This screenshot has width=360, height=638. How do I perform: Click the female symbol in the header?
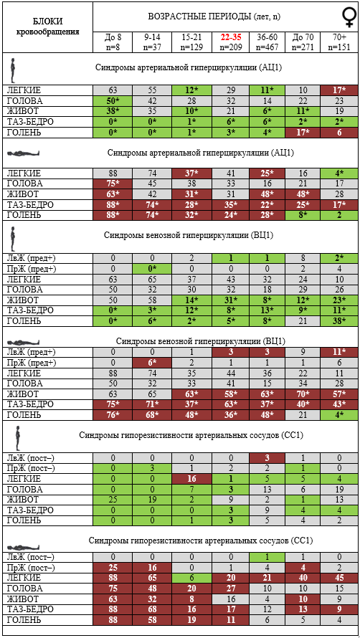pos(349,17)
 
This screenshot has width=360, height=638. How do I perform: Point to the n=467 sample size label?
pos(267,47)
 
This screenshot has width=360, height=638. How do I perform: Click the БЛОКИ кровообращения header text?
pos(47,26)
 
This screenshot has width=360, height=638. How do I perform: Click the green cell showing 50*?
pos(113,100)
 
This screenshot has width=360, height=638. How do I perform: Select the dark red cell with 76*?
pos(113,414)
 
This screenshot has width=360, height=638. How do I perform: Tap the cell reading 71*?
pos(152,404)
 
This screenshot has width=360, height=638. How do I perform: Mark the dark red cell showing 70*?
pos(302,393)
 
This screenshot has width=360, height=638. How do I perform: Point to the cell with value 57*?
pos(338,393)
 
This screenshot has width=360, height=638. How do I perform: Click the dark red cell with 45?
pos(338,578)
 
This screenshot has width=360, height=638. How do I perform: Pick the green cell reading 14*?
pos(191,300)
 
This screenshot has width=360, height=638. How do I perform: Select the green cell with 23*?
pos(338,300)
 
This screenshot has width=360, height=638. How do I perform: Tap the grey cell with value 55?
pos(152,90)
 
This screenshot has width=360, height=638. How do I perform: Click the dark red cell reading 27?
pos(230,589)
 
